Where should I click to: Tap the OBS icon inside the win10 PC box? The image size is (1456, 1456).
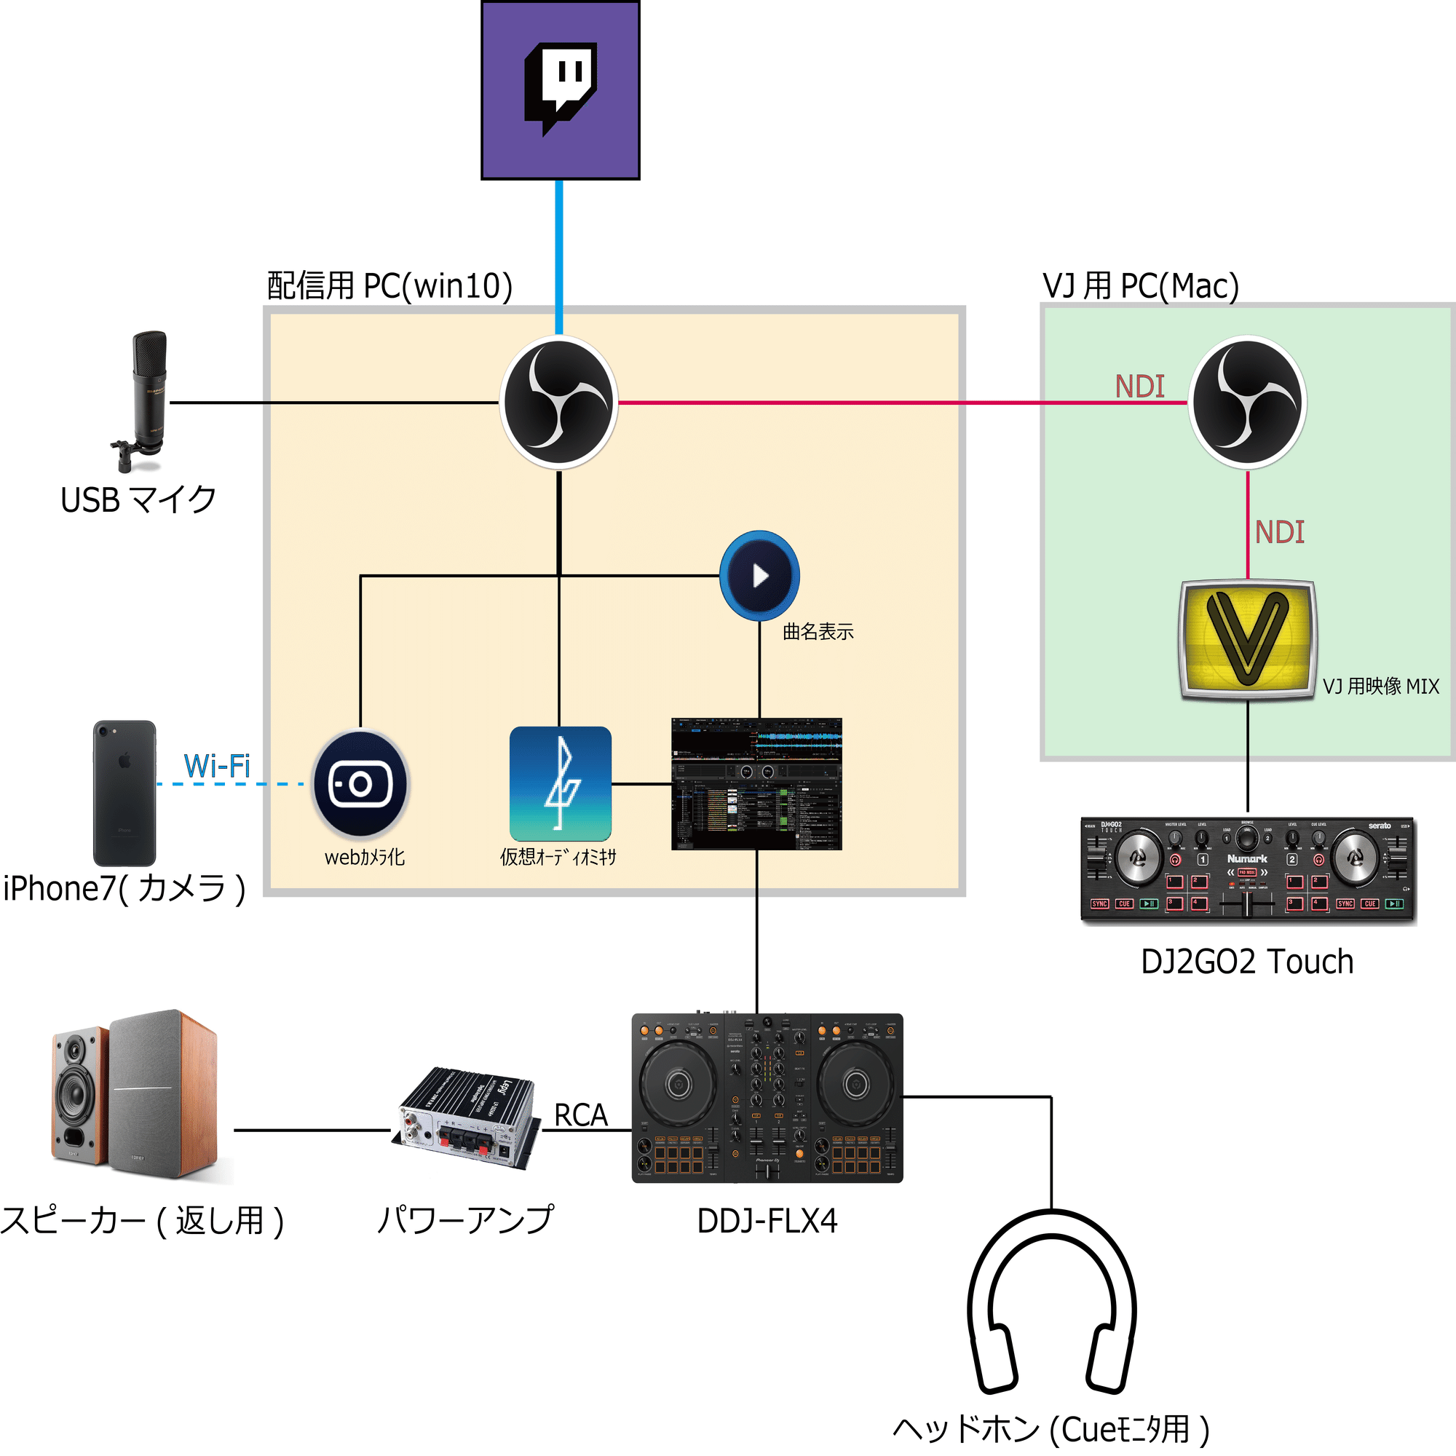[x=558, y=403]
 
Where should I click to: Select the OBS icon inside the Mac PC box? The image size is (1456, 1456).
[x=1247, y=403]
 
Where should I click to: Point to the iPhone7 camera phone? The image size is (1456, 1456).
[x=124, y=793]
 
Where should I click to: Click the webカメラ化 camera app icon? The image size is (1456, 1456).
[x=361, y=784]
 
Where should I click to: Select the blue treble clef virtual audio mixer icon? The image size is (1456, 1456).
[x=560, y=784]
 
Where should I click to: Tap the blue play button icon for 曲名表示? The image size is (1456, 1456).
[x=759, y=576]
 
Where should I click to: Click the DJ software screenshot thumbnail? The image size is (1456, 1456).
[x=756, y=784]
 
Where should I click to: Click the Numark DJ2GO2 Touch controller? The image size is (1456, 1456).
[x=1248, y=871]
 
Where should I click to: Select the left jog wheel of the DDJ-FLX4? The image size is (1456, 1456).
[x=678, y=1085]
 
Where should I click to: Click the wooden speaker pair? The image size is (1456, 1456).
[x=135, y=1096]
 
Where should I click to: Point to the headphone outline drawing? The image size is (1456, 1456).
[x=1052, y=1304]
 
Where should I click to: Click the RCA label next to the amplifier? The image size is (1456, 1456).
[x=580, y=1115]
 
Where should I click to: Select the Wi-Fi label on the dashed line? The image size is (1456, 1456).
[x=217, y=767]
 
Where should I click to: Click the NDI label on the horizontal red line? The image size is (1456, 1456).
[x=1139, y=387]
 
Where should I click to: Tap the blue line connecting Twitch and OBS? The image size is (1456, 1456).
[x=558, y=256]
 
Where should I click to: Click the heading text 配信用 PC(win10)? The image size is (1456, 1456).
[x=389, y=286]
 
